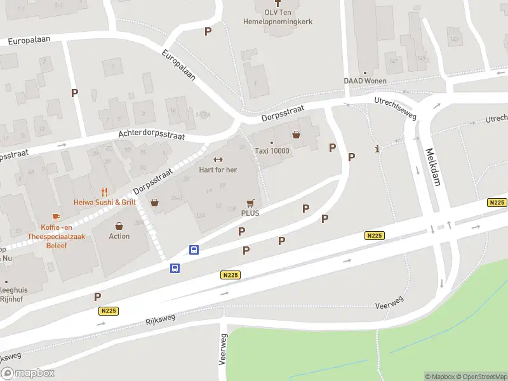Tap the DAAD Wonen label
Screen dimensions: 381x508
(x=364, y=81)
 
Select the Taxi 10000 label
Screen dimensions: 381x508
(x=272, y=150)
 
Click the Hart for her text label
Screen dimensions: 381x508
(x=218, y=170)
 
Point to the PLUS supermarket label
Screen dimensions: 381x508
(x=250, y=213)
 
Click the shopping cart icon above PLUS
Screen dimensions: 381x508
(x=250, y=203)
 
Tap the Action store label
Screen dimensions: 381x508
(x=119, y=236)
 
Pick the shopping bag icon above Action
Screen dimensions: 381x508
(x=119, y=225)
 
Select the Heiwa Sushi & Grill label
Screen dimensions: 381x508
(x=105, y=202)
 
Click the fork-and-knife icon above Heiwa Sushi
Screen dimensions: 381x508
(x=105, y=192)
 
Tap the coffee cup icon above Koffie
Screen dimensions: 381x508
(x=56, y=217)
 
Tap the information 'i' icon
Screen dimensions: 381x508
(x=378, y=150)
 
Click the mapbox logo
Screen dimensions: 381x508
(x=27, y=373)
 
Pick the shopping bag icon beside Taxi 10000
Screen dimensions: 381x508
(x=296, y=135)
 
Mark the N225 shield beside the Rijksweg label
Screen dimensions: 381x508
(x=109, y=311)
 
